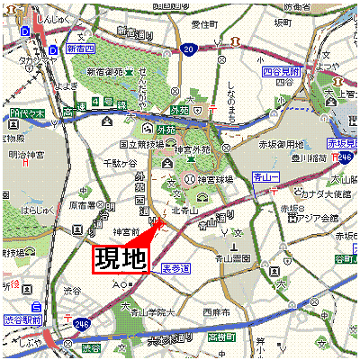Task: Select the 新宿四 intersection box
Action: pyautogui.click(x=79, y=49)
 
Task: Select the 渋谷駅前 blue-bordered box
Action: pyautogui.click(x=22, y=320)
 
